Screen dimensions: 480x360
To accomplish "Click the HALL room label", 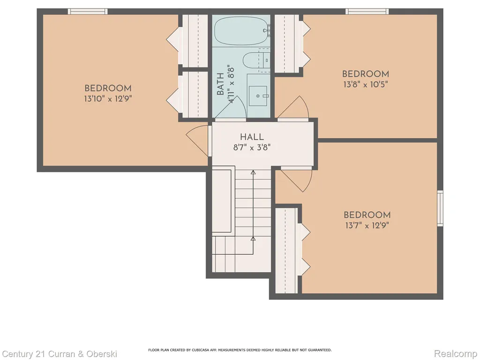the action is click(x=252, y=137).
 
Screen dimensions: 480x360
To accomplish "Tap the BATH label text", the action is click(x=220, y=84).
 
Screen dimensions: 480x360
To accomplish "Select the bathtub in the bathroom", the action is click(x=241, y=31).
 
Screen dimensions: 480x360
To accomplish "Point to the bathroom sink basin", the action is click(x=258, y=96).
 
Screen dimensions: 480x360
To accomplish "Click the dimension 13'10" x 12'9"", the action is click(x=108, y=99).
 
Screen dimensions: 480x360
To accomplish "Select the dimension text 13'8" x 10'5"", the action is click(x=366, y=84).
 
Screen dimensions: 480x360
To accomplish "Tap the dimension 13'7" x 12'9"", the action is click(x=367, y=225).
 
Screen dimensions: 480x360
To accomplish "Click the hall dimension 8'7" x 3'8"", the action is click(x=252, y=148).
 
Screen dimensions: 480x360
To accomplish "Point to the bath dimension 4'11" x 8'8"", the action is click(x=231, y=84).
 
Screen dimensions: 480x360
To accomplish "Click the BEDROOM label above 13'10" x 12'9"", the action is click(x=108, y=89).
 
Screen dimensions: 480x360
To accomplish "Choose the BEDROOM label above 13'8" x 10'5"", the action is click(x=366, y=74).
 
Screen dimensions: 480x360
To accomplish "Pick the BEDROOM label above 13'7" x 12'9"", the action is click(x=367, y=215).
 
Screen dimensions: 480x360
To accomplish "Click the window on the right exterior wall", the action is click(x=440, y=208).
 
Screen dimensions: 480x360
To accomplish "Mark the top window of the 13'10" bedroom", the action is click(x=88, y=12).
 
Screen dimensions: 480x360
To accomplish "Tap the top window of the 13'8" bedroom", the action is click(x=367, y=12).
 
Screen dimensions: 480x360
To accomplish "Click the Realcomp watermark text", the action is click(x=456, y=353).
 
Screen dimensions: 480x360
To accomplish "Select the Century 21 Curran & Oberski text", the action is click(x=60, y=354).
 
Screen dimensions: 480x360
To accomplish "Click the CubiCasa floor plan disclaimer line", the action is click(x=240, y=350).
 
